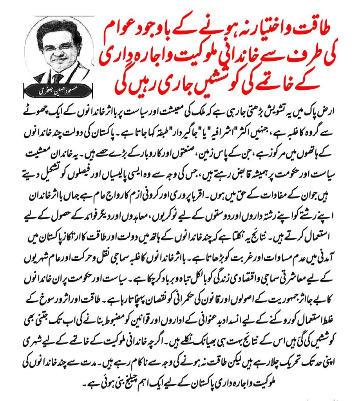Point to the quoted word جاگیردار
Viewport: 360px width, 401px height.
pos(192,126)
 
